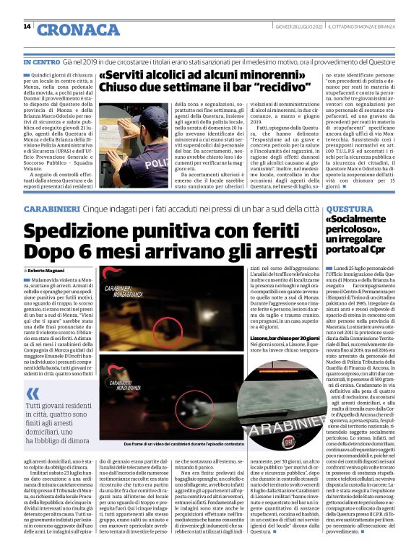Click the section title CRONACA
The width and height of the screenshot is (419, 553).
(x=79, y=30)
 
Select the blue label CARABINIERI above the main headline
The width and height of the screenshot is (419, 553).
(x=50, y=209)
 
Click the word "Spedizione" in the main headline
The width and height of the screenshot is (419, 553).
(x=92, y=232)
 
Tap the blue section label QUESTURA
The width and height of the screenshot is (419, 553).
(x=350, y=209)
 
